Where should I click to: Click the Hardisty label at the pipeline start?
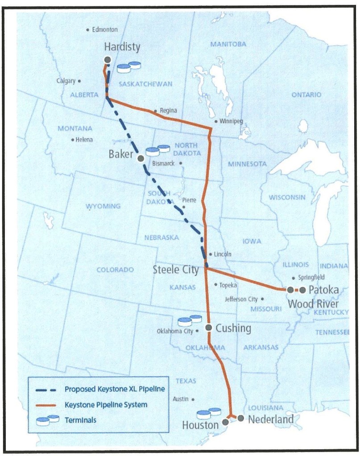(122, 46)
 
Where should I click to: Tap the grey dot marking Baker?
(141, 158)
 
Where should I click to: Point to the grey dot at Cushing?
(208, 328)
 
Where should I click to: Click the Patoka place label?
(323, 290)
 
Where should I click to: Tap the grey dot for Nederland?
(241, 418)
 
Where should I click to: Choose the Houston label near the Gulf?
(200, 425)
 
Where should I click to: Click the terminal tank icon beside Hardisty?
(129, 67)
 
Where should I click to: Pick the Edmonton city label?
(105, 30)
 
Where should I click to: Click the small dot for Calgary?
(79, 81)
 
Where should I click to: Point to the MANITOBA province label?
(228, 44)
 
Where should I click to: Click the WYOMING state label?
(103, 206)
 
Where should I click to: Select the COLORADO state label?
(115, 270)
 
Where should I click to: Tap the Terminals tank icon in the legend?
(47, 419)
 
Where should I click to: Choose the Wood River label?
(313, 304)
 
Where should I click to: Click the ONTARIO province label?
(306, 95)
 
